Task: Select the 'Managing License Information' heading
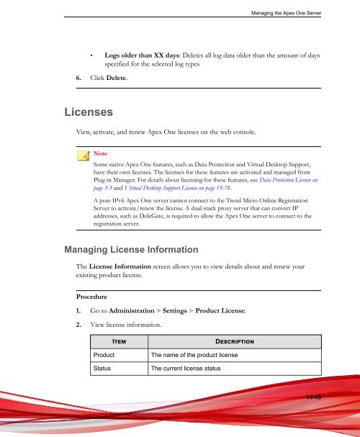130,250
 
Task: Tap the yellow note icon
84,154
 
